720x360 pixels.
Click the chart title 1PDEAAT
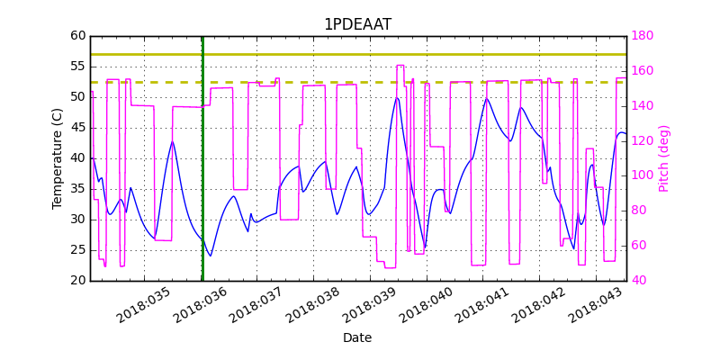pos(357,24)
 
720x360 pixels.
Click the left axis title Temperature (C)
pos(58,158)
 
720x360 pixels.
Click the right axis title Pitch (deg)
pos(664,158)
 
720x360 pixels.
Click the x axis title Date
pos(357,338)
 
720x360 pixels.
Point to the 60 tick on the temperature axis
pos(78,36)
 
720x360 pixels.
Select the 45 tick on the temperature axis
pos(78,128)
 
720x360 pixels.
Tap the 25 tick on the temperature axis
pos(78,250)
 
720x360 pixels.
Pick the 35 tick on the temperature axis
pos(78,189)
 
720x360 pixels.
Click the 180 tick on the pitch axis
pos(642,36)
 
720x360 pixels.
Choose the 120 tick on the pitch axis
pos(642,140)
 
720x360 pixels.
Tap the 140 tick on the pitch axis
pos(642,105)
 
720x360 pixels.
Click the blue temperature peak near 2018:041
pos(487,98)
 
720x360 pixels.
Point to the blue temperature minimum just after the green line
pos(211,256)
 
